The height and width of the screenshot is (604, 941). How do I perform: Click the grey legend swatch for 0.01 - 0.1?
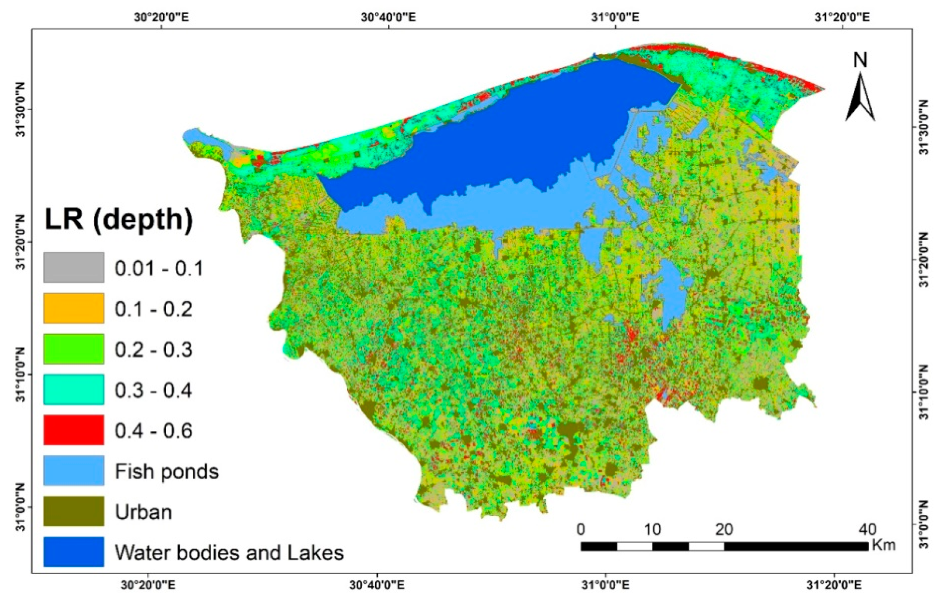[74, 267]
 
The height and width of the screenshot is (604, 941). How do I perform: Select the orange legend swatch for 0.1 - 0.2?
[74, 308]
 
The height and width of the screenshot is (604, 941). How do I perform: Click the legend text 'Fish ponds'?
[167, 472]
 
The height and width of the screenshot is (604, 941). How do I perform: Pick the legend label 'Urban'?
[143, 512]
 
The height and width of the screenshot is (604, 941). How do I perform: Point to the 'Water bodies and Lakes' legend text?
[229, 553]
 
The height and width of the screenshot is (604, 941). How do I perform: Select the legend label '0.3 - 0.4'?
[153, 390]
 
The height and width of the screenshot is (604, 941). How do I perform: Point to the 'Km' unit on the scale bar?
[884, 545]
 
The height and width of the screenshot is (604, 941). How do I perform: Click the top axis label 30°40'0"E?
[389, 17]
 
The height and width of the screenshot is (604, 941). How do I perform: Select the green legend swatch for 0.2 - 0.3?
[74, 349]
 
